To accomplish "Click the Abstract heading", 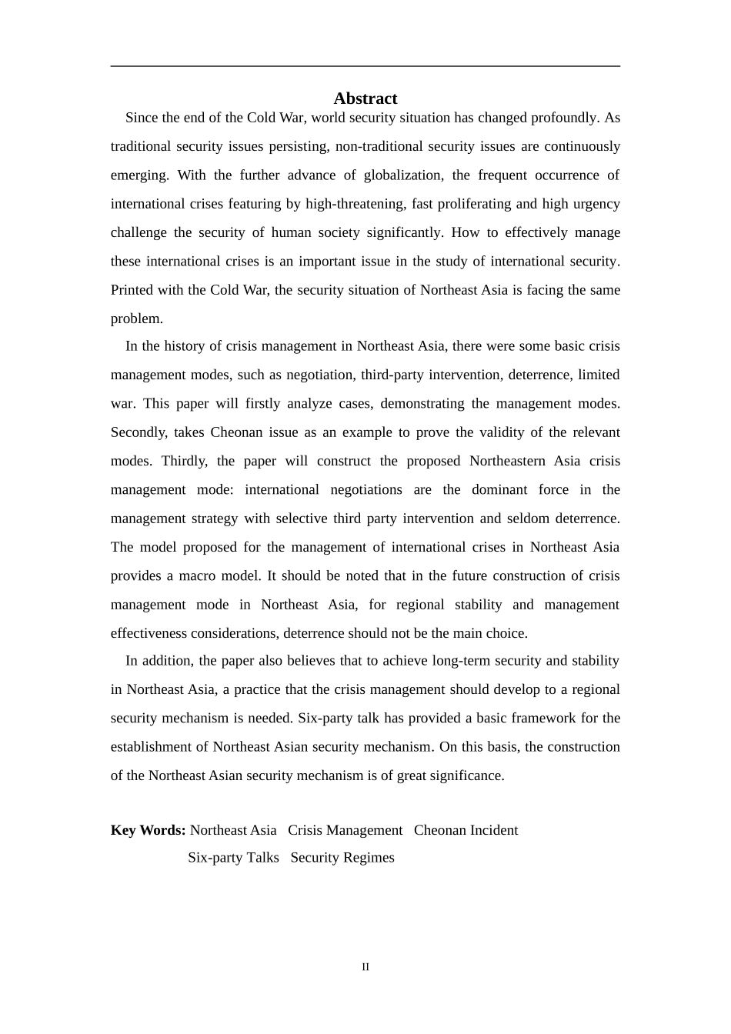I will [365, 98].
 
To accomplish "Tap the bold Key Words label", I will [149, 830].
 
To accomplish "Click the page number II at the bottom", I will [365, 967].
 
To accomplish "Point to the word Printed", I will [132, 290].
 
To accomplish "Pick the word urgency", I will [595, 204].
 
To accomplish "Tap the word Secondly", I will [139, 432].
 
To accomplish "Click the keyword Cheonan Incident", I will [466, 830].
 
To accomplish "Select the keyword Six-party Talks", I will [233, 858].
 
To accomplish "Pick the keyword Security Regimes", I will [342, 858].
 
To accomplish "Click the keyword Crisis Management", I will [345, 830].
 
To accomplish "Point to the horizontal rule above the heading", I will [365, 66].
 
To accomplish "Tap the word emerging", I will [139, 175].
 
